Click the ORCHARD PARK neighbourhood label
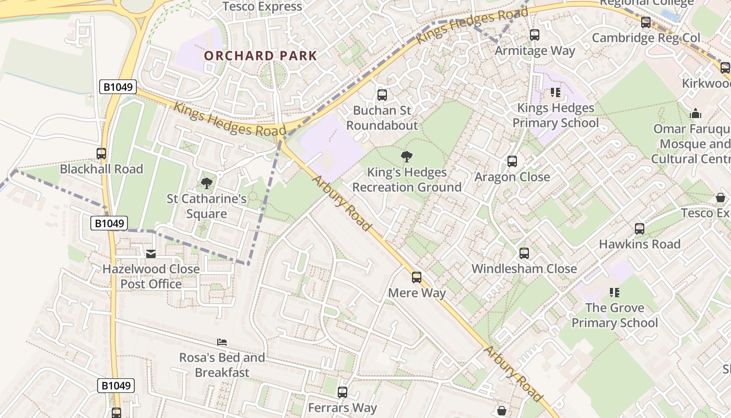pos(260,56)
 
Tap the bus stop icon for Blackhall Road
pos(101,154)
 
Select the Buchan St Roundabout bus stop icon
pos(382,95)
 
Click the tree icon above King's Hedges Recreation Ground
pos(406,157)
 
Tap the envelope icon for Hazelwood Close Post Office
pos(151,254)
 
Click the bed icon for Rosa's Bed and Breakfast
pos(222,343)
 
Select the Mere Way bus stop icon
pos(417,277)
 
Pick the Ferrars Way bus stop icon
pos(343,392)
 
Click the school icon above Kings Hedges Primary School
pos(555,93)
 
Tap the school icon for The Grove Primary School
pos(614,293)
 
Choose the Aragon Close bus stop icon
pos(512,161)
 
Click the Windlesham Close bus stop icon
pos(524,253)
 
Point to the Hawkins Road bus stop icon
pos(640,229)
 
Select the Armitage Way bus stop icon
pos(535,36)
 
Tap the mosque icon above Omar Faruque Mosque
pos(695,113)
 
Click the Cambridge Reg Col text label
pos(645,38)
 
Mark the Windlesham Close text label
pos(524,269)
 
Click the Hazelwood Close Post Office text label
pos(151,276)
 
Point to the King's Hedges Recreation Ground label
pos(407,180)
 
